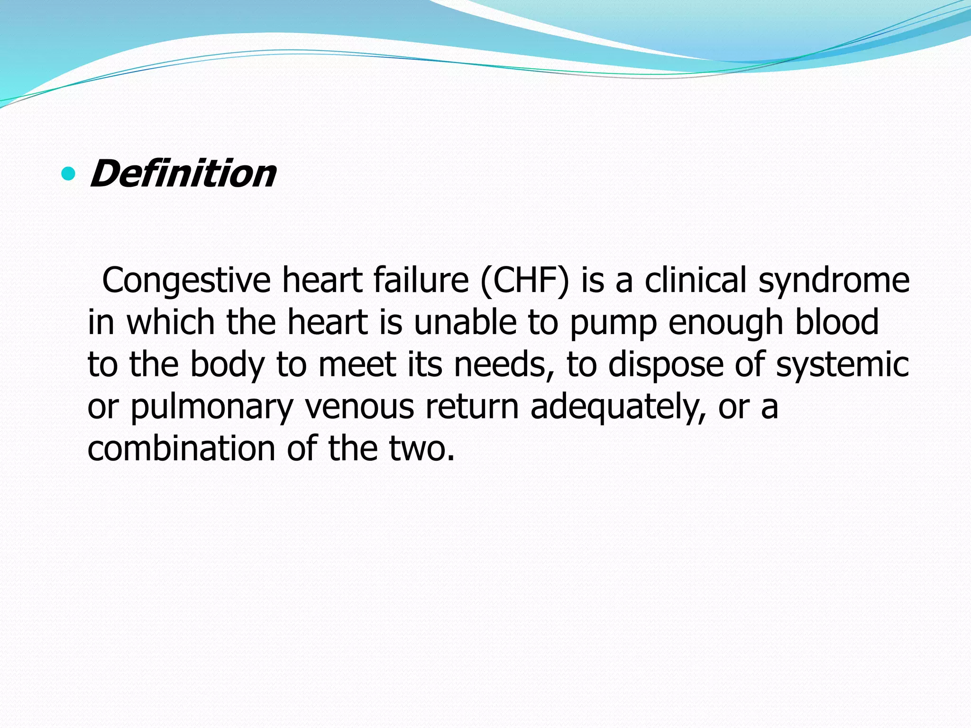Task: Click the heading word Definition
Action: pyautogui.click(x=183, y=173)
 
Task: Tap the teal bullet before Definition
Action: pyautogui.click(x=69, y=174)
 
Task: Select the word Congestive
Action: pyautogui.click(x=186, y=281)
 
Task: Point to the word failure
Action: pyautogui.click(x=421, y=281)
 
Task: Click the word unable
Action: pyautogui.click(x=465, y=322)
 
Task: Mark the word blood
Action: pyautogui.click(x=837, y=322)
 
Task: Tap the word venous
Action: pyautogui.click(x=359, y=407)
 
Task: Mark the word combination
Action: pyautogui.click(x=181, y=448)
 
